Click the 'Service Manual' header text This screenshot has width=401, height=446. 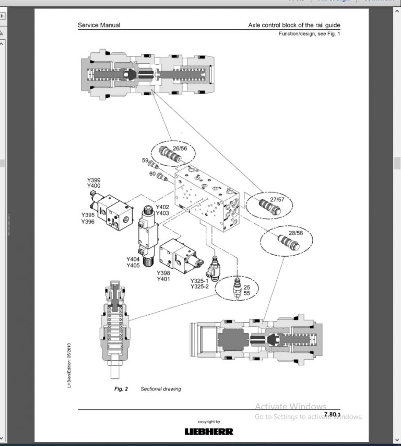(x=99, y=25)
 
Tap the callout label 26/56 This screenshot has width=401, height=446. (x=180, y=148)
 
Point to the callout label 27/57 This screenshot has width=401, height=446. (x=277, y=200)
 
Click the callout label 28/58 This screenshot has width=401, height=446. (x=295, y=233)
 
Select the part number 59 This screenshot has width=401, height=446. (x=146, y=161)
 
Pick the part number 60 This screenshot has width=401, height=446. (x=152, y=174)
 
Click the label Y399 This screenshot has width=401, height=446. (x=93, y=180)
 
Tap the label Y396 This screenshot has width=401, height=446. (x=88, y=222)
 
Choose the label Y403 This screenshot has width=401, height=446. (x=162, y=213)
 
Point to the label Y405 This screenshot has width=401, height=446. (x=133, y=266)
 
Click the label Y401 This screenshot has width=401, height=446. (x=164, y=279)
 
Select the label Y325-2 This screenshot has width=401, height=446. (x=200, y=287)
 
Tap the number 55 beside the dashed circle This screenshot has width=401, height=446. (x=247, y=294)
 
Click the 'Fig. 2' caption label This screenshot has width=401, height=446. (x=121, y=389)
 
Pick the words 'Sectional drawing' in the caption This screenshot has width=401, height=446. (x=161, y=389)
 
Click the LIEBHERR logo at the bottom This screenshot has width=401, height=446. (x=209, y=431)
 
